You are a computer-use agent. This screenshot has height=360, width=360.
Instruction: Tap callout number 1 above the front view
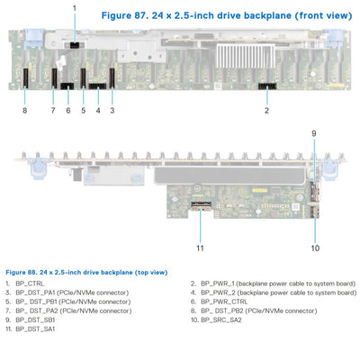pos(75,8)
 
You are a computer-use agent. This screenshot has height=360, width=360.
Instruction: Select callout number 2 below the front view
pos(266,111)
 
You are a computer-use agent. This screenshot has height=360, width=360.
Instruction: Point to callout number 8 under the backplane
pos(25,111)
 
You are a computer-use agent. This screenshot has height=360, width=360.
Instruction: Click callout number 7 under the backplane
pos(53,111)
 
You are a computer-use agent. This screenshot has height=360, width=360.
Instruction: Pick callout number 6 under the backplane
pos(67,111)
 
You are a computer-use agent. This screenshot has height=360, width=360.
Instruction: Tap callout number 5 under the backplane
pos(83,111)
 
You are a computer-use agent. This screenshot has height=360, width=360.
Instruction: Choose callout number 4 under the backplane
pos(97,111)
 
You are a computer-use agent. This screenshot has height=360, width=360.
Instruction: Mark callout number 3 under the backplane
pos(112,111)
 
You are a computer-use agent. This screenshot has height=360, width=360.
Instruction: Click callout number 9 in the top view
pos(314,133)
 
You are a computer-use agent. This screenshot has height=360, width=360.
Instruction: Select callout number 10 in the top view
pos(315,246)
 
